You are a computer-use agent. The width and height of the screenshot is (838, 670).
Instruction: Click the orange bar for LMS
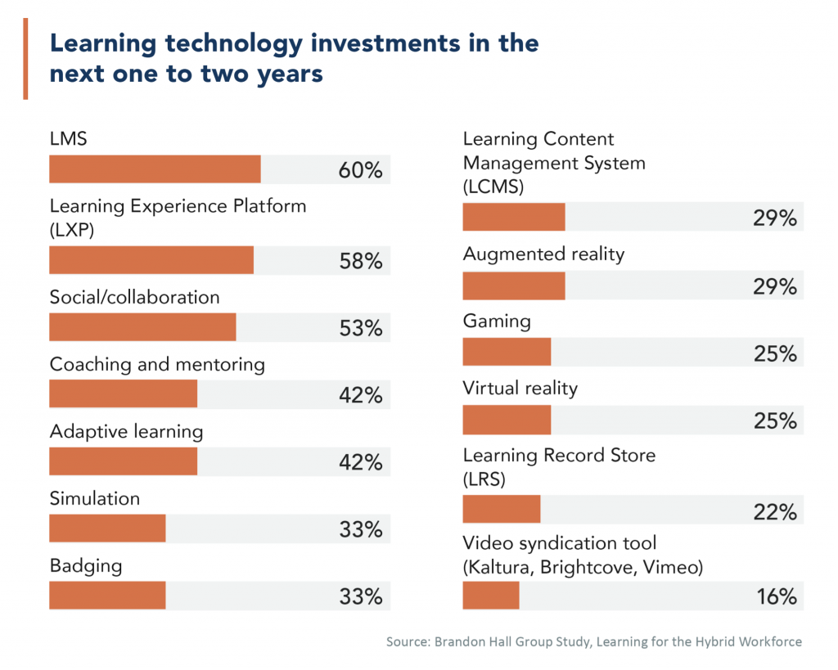pyautogui.click(x=155, y=169)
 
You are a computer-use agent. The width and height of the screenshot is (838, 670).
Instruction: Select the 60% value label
pyautogui.click(x=361, y=170)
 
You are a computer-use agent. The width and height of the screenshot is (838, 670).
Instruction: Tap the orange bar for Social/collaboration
pyautogui.click(x=142, y=327)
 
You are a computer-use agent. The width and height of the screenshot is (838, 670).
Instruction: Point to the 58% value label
pyautogui.click(x=361, y=261)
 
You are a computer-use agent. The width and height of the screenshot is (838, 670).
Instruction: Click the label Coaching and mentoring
pyautogui.click(x=157, y=364)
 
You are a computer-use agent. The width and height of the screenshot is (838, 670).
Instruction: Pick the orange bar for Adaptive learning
pyautogui.click(x=123, y=461)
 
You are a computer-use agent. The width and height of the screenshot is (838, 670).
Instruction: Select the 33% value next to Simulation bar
pyautogui.click(x=361, y=529)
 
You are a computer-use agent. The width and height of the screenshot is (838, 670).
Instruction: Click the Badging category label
pyautogui.click(x=86, y=565)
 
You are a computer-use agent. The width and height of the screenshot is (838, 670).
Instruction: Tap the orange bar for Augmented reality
pyautogui.click(x=514, y=286)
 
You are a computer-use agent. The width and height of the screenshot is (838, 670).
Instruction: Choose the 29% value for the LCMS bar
pyautogui.click(x=775, y=218)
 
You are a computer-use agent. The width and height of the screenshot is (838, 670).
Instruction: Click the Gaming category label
pyautogui.click(x=497, y=321)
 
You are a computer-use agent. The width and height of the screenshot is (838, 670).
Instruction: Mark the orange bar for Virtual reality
pyautogui.click(x=507, y=420)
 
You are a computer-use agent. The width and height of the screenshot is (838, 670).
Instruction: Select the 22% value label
pyautogui.click(x=775, y=512)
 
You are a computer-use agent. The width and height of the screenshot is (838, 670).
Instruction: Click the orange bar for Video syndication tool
pyautogui.click(x=491, y=596)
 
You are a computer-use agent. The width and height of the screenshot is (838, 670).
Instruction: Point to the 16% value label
pyautogui.click(x=775, y=596)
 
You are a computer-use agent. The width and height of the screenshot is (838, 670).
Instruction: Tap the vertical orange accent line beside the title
pyautogui.click(x=25, y=58)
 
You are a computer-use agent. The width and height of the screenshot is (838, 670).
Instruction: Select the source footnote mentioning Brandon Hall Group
pyautogui.click(x=594, y=641)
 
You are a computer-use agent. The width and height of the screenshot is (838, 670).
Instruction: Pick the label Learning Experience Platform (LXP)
pyautogui.click(x=178, y=217)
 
